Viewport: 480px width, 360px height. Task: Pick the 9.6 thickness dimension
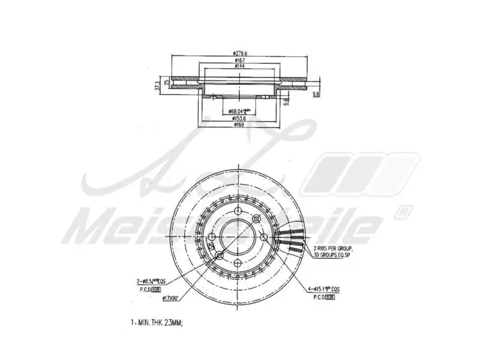pyautogui.click(x=316, y=95)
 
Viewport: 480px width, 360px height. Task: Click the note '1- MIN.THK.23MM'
pyautogui.click(x=157, y=322)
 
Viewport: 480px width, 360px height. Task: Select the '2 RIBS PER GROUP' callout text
pyautogui.click(x=332, y=248)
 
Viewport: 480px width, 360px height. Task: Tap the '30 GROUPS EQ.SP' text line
pyautogui.click(x=332, y=254)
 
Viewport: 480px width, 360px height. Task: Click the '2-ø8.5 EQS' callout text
pyautogui.click(x=151, y=281)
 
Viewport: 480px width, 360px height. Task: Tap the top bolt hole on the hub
pyautogui.click(x=238, y=211)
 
